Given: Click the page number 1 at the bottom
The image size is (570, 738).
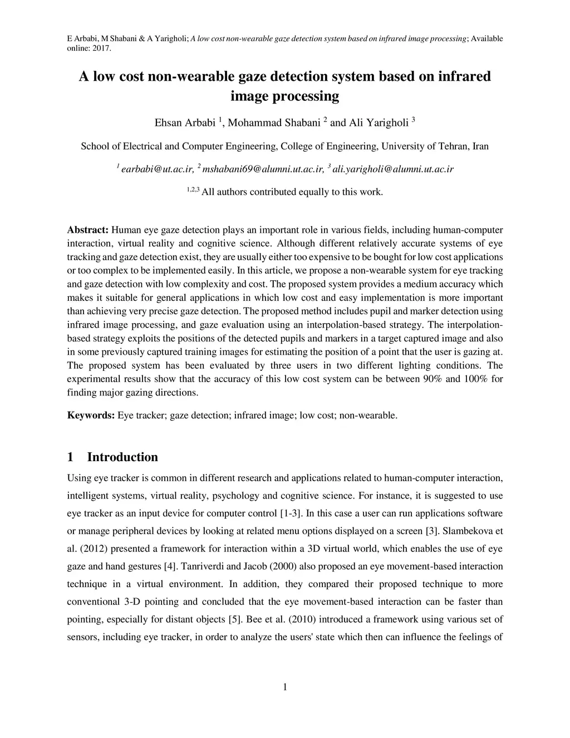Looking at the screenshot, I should (285, 687).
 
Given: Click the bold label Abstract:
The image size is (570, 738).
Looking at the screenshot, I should (87, 229).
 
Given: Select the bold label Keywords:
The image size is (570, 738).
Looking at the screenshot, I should (91, 415).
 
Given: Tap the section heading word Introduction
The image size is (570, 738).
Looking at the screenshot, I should (122, 457).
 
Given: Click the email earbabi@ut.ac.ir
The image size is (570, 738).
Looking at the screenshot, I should (158, 169).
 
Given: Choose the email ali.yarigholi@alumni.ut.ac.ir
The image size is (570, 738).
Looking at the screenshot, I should (393, 169).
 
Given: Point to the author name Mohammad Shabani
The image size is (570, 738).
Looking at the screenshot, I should (274, 123).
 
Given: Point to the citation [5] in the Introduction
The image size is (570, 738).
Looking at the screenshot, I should (235, 619).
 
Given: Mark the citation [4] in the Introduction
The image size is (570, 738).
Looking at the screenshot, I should (170, 566).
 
